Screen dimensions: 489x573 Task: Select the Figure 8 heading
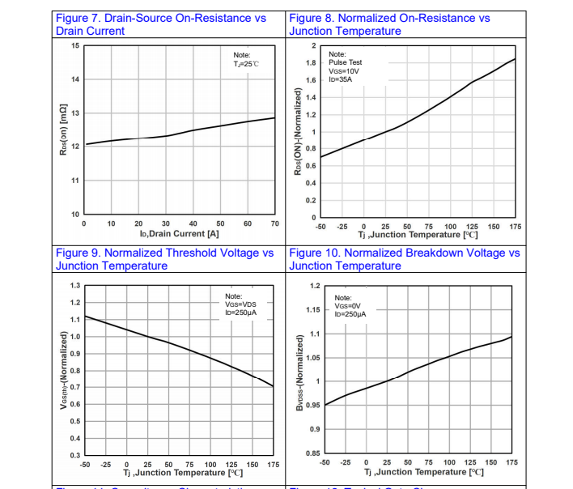(389, 24)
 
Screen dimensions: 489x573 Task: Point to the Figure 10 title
(404, 259)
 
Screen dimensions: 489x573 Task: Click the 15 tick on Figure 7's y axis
(75, 45)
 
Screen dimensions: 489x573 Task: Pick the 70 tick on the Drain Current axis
(274, 223)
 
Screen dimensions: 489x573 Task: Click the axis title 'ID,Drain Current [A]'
(179, 234)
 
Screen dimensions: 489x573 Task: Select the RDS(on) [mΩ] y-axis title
(62, 130)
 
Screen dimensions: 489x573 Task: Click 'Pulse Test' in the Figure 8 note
(346, 62)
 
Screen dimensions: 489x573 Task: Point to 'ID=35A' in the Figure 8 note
(342, 79)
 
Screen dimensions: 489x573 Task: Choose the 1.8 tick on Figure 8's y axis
(309, 62)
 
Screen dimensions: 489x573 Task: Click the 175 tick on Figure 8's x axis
(516, 227)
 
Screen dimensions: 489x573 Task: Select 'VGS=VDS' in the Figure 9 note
(241, 304)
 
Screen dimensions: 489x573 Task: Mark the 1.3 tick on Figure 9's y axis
(75, 286)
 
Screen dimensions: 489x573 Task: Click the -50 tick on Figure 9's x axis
(85, 464)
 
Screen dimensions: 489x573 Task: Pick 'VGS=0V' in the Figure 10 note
(349, 305)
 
